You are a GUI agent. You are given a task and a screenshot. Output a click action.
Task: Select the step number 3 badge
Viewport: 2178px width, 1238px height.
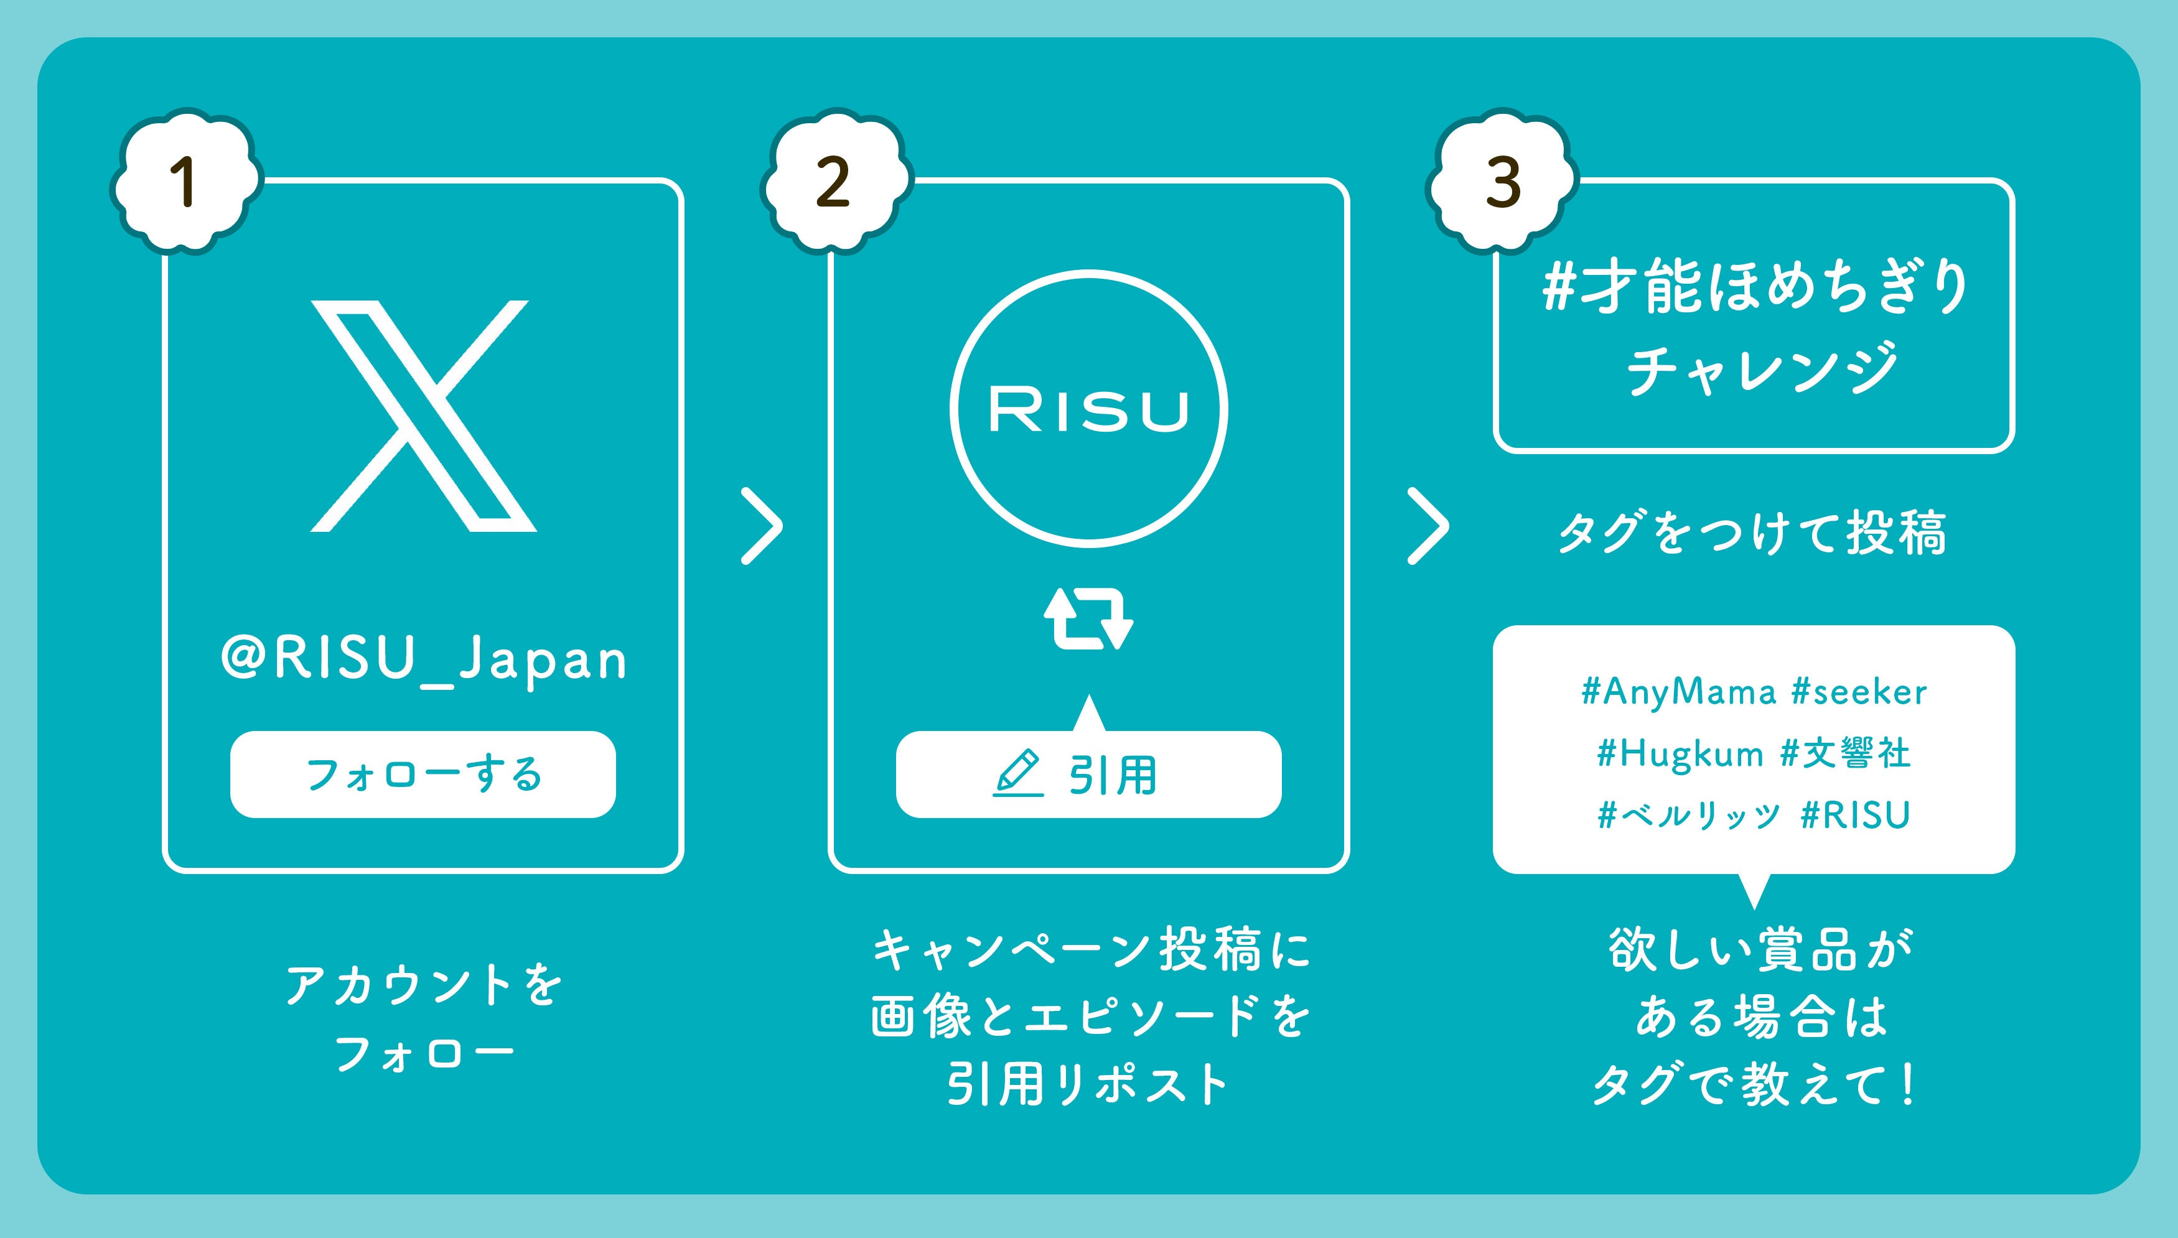[1502, 181]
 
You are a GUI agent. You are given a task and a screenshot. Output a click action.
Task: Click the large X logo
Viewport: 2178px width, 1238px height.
[423, 416]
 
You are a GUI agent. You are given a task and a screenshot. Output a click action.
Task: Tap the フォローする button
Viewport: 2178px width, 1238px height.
[423, 775]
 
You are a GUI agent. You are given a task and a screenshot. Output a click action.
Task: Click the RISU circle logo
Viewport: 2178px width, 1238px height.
[1088, 409]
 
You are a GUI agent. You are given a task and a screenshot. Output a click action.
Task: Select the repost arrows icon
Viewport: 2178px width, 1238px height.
[1088, 619]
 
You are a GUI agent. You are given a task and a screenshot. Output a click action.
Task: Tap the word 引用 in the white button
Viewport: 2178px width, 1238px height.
[1113, 775]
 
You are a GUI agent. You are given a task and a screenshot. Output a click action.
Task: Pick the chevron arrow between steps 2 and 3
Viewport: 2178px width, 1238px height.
[1428, 526]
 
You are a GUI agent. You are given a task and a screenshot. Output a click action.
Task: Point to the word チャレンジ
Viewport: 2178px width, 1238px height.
[1760, 369]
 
